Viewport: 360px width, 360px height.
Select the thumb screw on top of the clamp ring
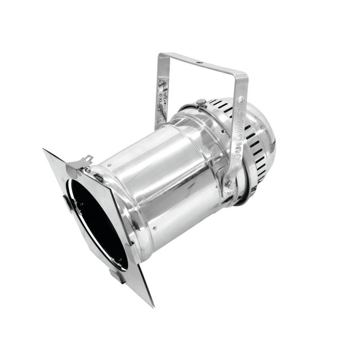(201, 103)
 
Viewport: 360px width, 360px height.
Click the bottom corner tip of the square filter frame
(152, 304)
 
